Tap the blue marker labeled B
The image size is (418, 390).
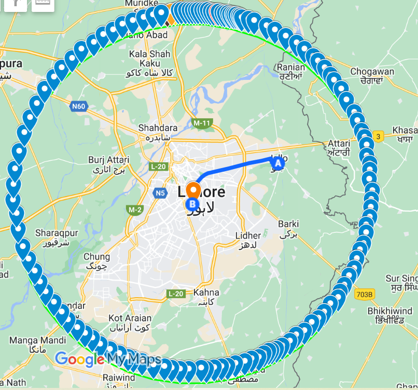coord(191,204)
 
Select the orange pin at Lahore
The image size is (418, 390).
coord(193,189)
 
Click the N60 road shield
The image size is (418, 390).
coord(78,106)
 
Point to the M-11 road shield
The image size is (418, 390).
coord(202,123)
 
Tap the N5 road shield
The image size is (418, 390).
coord(160,193)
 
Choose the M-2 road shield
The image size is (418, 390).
coord(135,210)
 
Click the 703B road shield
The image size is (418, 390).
coord(365,295)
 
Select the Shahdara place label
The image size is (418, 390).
coord(158,128)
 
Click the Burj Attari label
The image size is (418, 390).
coord(108,160)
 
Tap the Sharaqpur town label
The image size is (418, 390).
coord(57,233)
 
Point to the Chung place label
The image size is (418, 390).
coord(96,257)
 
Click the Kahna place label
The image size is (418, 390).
coord(206,292)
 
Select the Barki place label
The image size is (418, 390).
coord(288,224)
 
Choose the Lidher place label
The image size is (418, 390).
coord(248,236)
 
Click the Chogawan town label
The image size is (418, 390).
coord(372,72)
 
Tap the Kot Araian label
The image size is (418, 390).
coord(130,318)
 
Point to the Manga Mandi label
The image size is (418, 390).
coord(38,341)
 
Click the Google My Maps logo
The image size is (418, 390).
coord(108,359)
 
